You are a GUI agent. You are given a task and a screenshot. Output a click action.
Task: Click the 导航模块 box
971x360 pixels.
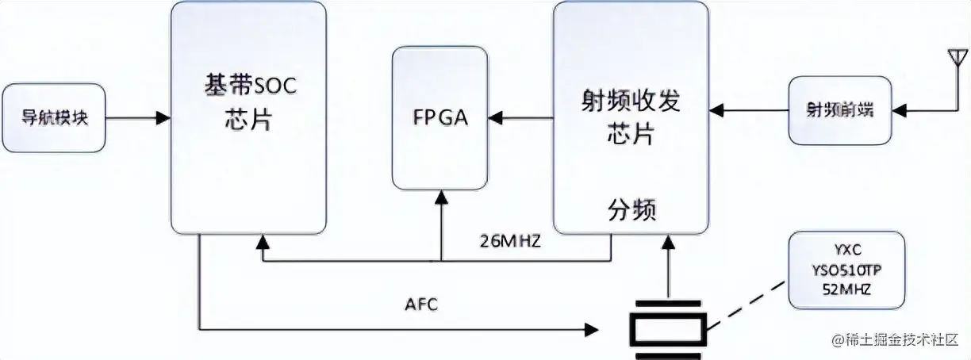[54, 119]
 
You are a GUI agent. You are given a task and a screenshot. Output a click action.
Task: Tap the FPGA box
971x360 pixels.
[440, 119]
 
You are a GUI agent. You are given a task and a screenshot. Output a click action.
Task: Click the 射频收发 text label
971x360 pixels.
[631, 102]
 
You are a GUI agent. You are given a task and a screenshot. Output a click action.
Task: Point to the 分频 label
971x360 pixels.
[631, 211]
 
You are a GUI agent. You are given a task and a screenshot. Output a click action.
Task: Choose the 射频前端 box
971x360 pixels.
[842, 111]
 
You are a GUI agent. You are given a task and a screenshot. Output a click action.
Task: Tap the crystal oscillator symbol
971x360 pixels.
[666, 327]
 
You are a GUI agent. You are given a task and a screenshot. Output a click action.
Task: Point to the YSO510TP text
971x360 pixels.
[846, 270]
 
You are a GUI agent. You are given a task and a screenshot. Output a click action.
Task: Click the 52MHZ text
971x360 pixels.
[846, 290]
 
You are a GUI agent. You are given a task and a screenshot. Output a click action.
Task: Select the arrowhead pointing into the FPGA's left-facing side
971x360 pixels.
[494, 119]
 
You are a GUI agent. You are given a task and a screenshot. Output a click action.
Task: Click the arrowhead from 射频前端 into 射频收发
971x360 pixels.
[717, 111]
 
